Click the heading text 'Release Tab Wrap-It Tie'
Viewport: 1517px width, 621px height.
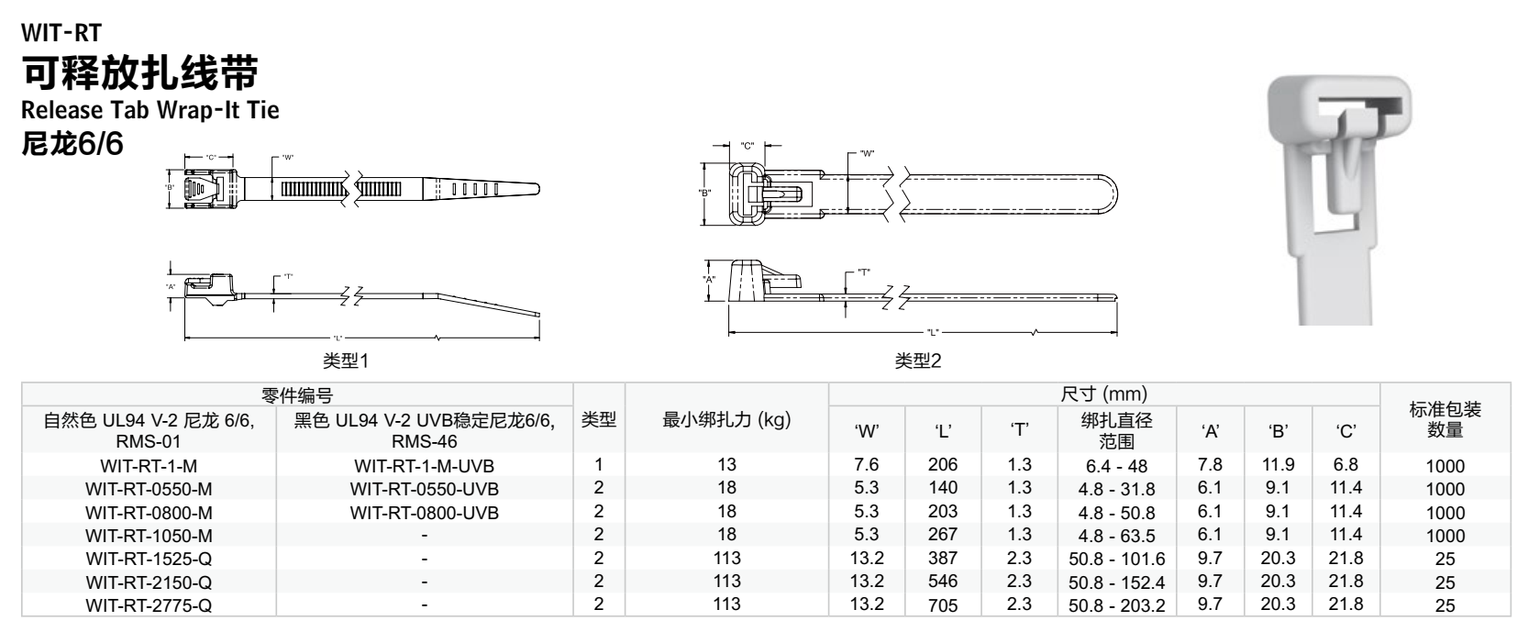pyautogui.click(x=149, y=110)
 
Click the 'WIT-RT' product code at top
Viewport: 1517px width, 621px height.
pyautogui.click(x=61, y=32)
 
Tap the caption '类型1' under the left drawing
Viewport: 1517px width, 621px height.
pyautogui.click(x=346, y=361)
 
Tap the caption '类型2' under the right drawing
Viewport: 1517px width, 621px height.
pyautogui.click(x=918, y=361)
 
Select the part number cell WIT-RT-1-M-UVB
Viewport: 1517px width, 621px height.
pyautogui.click(x=424, y=466)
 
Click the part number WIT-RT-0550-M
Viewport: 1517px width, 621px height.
pyautogui.click(x=149, y=489)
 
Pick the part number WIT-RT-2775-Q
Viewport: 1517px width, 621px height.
pyautogui.click(x=149, y=605)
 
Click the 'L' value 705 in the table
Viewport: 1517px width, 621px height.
pyautogui.click(x=943, y=604)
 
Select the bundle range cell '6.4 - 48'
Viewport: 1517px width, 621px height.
pyautogui.click(x=1117, y=466)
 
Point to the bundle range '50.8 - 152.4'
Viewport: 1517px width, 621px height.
pyautogui.click(x=1117, y=582)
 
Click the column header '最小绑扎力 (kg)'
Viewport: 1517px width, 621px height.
pyautogui.click(x=726, y=420)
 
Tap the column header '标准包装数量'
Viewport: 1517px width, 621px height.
pyautogui.click(x=1445, y=420)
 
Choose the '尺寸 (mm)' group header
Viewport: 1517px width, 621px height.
pyautogui.click(x=1104, y=394)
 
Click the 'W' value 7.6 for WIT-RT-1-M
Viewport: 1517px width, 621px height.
pyautogui.click(x=866, y=464)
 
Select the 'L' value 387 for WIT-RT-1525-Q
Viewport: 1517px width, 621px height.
pyautogui.click(x=943, y=558)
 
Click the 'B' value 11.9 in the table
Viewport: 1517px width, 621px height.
pyautogui.click(x=1278, y=464)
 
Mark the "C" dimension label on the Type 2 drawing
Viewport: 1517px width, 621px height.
pyautogui.click(x=747, y=146)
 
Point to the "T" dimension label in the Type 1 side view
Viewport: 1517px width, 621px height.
pyautogui.click(x=289, y=276)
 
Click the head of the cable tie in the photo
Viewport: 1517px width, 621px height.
pyautogui.click(x=1340, y=108)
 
